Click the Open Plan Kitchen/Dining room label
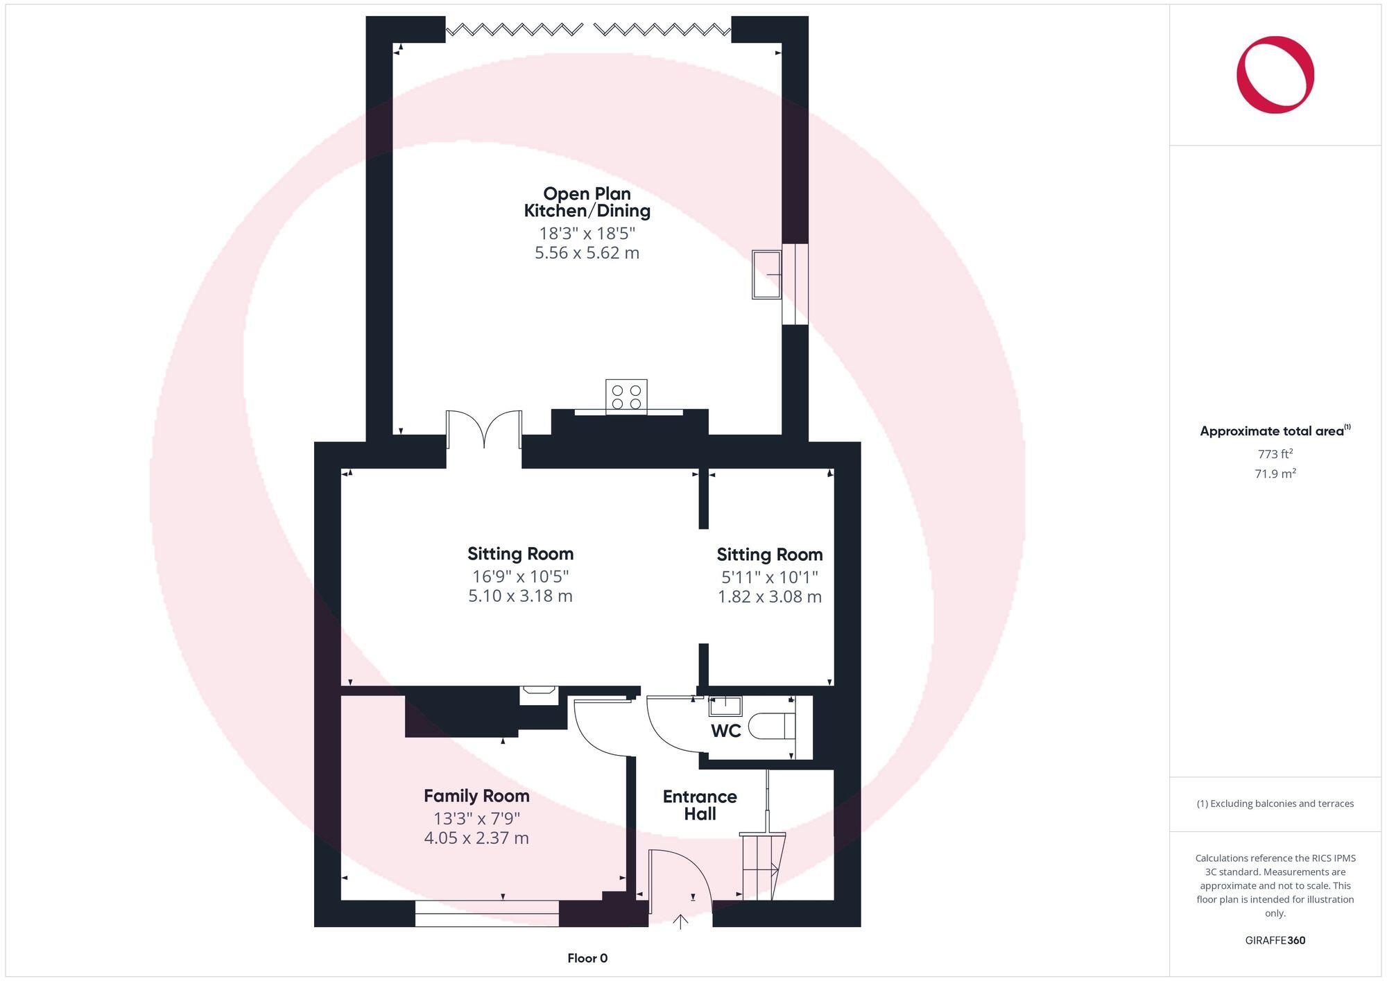[587, 202]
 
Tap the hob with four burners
[626, 397]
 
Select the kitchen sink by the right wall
[767, 275]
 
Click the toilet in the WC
[773, 726]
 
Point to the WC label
[725, 730]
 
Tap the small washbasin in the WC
[725, 706]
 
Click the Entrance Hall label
[700, 805]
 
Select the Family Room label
[476, 795]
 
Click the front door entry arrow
[680, 921]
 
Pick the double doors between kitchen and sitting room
[484, 430]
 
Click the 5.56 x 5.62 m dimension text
[587, 253]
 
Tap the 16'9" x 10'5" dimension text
[520, 576]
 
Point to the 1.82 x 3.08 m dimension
[769, 597]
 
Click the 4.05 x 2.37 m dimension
[476, 838]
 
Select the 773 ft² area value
[1275, 455]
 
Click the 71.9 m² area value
[1275, 474]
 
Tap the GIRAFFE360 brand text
[1275, 941]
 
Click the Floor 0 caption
[587, 958]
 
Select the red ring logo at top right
[1275, 75]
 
